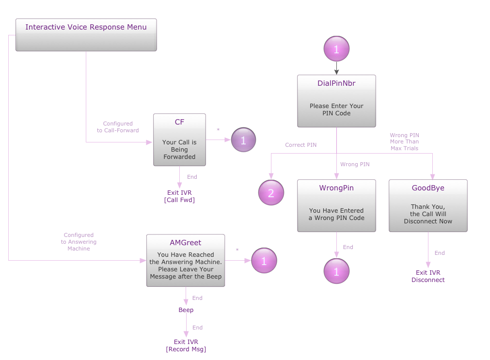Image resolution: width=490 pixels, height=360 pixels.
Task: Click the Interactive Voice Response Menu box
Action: (86, 34)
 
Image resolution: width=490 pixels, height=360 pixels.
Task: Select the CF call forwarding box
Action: (179, 140)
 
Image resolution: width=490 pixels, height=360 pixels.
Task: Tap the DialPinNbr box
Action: (336, 101)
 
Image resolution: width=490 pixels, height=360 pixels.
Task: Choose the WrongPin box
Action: (336, 205)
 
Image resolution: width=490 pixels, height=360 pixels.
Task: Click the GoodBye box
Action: (428, 205)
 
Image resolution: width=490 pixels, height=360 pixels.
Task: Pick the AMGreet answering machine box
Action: (186, 260)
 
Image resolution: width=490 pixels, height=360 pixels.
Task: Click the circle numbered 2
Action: (271, 192)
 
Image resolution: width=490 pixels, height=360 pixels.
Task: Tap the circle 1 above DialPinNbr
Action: (336, 49)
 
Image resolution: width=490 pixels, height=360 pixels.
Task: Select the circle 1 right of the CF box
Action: (243, 140)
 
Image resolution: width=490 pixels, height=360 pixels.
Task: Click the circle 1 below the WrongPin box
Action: (336, 271)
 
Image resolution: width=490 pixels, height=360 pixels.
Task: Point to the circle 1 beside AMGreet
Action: (264, 261)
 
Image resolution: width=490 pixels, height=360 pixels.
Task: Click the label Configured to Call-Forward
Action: (118, 127)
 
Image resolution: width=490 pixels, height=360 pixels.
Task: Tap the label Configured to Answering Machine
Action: (79, 241)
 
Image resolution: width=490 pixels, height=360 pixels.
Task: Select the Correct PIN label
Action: (300, 145)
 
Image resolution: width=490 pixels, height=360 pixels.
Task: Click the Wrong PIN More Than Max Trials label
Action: (404, 141)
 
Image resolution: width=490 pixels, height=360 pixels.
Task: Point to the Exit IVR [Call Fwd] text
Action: (179, 196)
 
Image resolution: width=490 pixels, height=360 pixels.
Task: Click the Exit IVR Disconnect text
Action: (428, 276)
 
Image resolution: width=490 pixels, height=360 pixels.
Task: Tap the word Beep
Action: (186, 310)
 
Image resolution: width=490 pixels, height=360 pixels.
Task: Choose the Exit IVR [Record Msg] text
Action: (186, 345)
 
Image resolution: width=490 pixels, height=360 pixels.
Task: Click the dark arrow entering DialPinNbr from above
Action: (336, 68)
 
